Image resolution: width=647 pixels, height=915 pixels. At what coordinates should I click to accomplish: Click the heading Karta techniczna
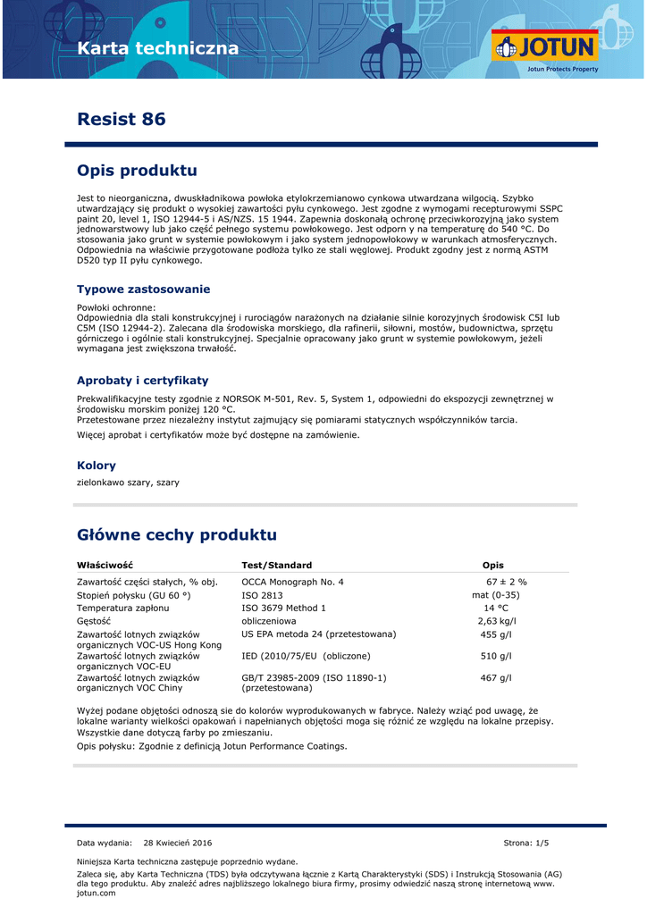point(158,48)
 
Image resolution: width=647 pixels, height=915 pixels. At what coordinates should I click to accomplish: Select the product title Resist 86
point(122,119)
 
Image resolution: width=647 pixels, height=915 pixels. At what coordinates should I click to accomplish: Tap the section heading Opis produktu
point(137,171)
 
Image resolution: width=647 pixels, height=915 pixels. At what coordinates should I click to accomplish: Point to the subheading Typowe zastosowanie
point(144,290)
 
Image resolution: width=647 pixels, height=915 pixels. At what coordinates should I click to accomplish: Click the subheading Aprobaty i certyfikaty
point(143,381)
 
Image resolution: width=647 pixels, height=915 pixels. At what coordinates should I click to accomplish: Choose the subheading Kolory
point(97,466)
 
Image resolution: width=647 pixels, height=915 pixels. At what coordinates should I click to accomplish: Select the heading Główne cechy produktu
point(177,535)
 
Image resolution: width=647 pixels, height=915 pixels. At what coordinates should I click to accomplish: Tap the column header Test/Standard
point(277,565)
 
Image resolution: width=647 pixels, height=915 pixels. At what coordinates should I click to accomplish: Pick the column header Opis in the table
point(493,565)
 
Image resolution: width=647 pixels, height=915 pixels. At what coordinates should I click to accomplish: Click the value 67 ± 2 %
point(506,582)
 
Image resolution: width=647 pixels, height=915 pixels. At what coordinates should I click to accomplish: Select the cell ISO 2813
point(262,595)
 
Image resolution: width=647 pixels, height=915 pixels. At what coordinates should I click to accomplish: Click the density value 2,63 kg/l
point(496,621)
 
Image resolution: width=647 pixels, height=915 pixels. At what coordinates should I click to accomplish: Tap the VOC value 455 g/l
point(496,634)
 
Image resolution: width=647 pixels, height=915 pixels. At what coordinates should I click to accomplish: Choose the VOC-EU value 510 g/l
point(496,656)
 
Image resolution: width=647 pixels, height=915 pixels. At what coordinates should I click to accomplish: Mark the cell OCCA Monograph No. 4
point(292,582)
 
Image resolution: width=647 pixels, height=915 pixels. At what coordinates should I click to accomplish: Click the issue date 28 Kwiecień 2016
point(178,843)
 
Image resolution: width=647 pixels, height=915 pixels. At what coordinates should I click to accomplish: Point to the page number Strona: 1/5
point(526,843)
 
